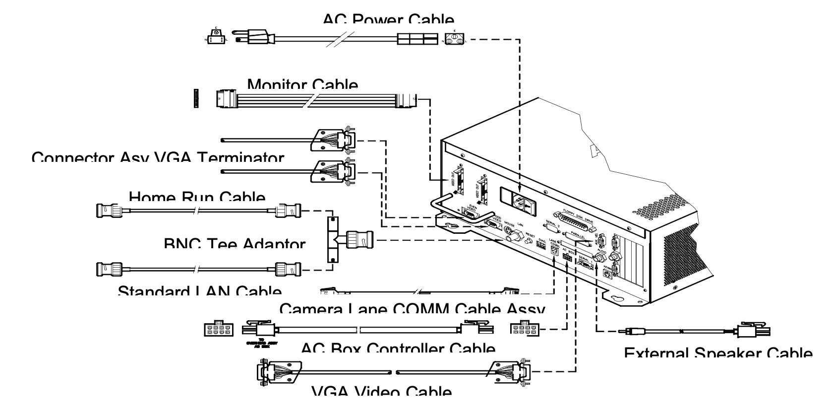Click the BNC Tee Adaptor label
[235, 244]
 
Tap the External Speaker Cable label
[718, 353]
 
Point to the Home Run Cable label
[197, 197]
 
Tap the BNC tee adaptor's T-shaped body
[333, 240]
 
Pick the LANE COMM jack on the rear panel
[553, 254]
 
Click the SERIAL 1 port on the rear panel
[585, 265]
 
